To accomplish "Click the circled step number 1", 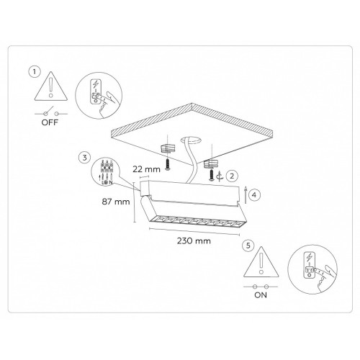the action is tap(35, 72).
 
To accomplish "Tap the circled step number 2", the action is tap(232, 176).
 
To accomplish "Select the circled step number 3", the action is tap(84, 158).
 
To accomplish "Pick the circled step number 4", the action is tap(254, 195).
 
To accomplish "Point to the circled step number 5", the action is tap(248, 246).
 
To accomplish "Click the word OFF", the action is tap(50, 122).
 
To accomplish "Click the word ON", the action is tap(261, 295).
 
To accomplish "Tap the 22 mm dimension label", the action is tap(146, 169).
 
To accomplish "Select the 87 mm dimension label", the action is tap(116, 202).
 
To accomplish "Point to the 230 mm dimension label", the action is tap(194, 240).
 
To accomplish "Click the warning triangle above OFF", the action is tap(50, 86).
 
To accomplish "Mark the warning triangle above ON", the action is tap(261, 261).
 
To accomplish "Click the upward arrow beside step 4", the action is tap(246, 195).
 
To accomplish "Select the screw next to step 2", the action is tap(211, 175).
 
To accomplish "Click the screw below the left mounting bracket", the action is tap(168, 164).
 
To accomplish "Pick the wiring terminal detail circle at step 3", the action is tap(105, 171).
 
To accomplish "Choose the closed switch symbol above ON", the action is tap(261, 287).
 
